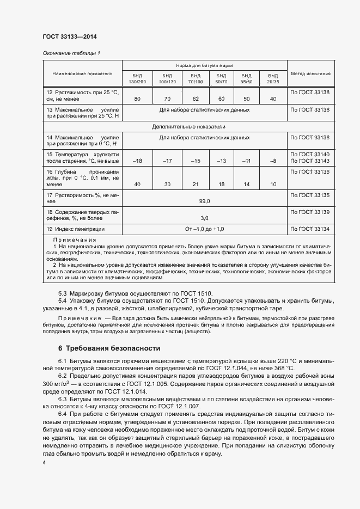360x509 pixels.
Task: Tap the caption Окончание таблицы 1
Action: pos(71,53)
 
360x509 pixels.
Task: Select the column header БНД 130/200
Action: pos(137,78)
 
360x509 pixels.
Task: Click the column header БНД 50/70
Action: pos(221,78)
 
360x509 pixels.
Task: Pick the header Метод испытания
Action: pos(310,73)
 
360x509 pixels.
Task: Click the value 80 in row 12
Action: pos(137,99)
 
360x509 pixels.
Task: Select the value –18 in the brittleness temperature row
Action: pos(137,161)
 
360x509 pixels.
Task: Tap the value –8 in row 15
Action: pos(273,161)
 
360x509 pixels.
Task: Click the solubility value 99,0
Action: pos(204,201)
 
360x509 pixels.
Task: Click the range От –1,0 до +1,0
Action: pos(204,229)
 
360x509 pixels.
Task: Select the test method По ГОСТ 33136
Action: pos(310,172)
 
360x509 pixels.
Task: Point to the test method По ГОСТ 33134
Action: pos(310,229)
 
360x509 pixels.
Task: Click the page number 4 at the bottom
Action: pos(44,462)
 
